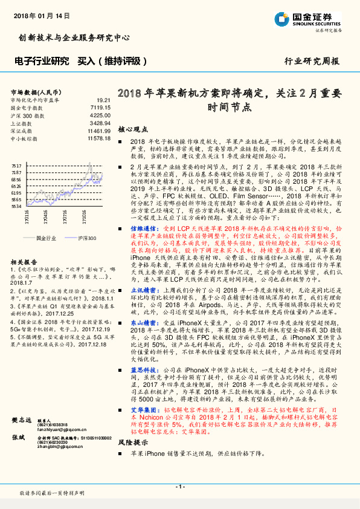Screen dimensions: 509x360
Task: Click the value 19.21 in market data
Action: (103, 100)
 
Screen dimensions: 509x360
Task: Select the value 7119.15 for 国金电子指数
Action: (100, 107)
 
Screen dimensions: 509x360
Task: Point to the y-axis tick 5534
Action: (16, 207)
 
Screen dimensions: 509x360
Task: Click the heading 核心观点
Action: (133, 129)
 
